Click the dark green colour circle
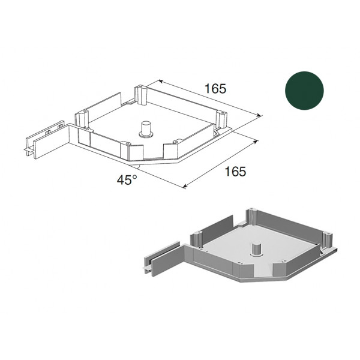coord(304,91)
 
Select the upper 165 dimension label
coord(215,89)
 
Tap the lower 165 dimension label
coord(235,172)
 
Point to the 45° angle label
coord(127,179)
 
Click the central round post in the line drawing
coord(145,130)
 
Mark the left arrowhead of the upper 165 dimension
coord(160,81)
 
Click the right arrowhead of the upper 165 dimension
coord(259,115)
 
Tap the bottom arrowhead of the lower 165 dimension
coord(185,186)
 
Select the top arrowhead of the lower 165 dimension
coord(256,141)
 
